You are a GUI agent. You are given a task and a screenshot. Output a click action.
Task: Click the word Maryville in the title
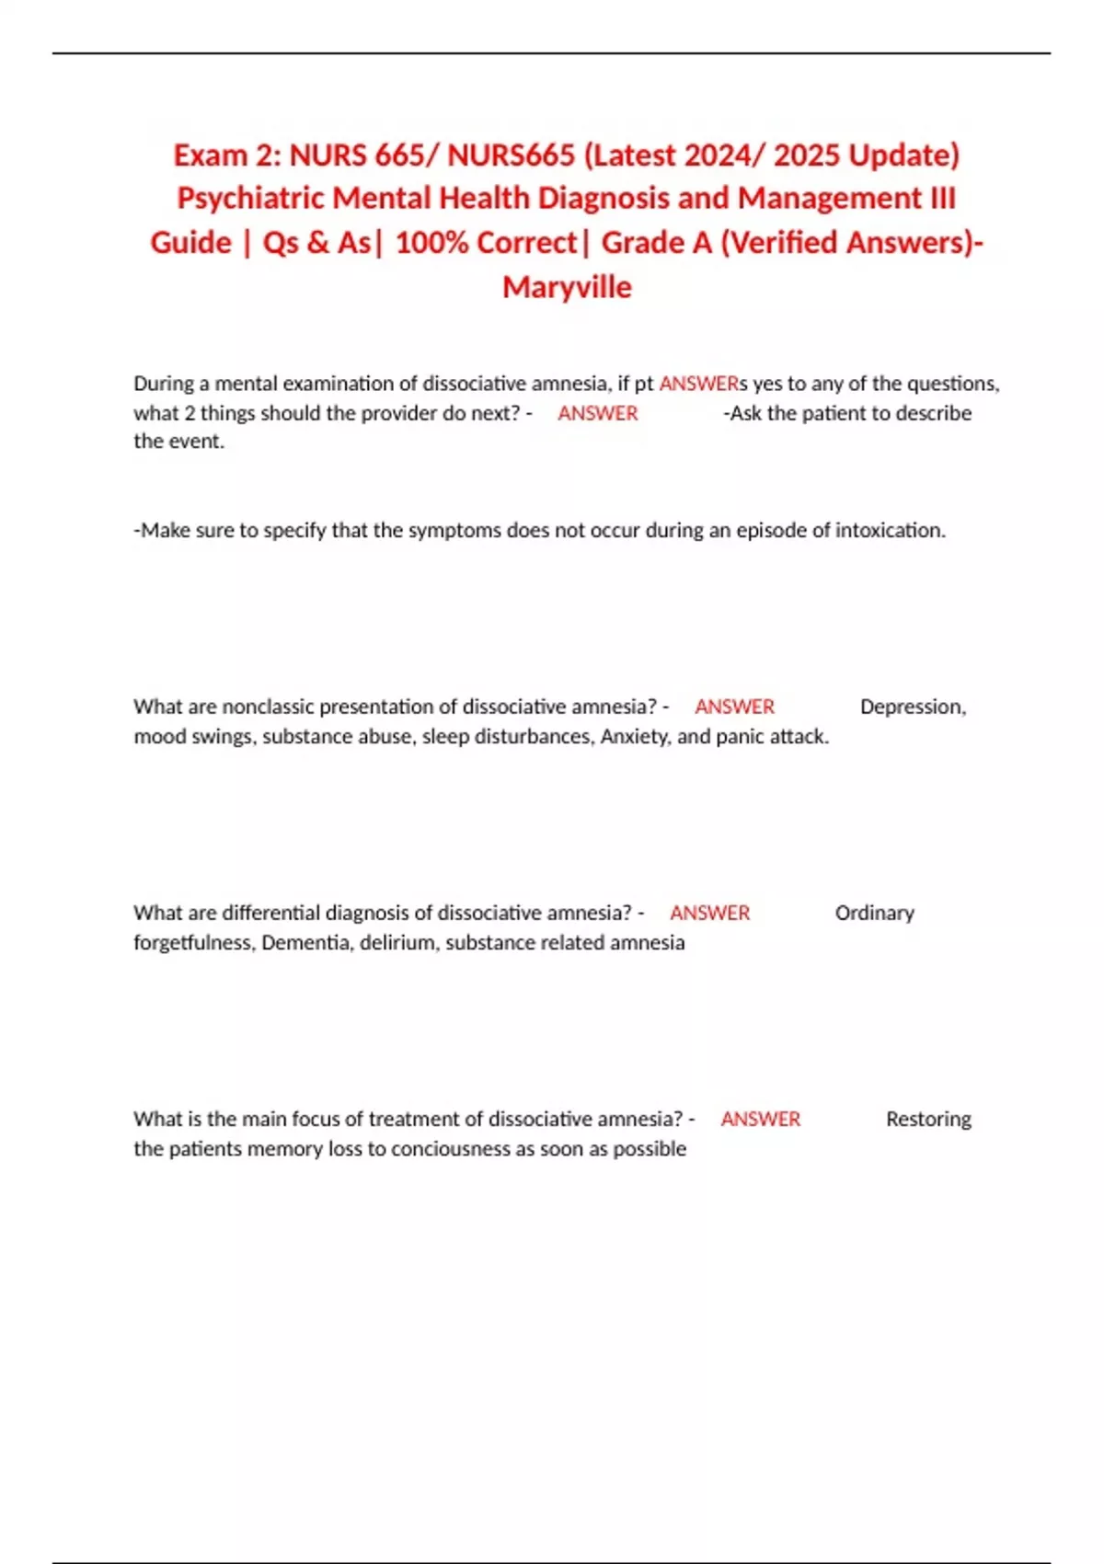point(567,287)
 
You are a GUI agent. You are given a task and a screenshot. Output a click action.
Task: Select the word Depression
point(913,707)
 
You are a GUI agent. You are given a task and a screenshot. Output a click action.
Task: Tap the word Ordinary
point(874,913)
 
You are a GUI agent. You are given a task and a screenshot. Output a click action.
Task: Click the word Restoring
point(928,1119)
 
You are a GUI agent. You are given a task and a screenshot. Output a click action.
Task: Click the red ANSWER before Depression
point(734,707)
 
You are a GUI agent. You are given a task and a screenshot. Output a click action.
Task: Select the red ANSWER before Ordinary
point(709,913)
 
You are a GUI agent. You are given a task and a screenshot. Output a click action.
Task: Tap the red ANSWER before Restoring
point(760,1119)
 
